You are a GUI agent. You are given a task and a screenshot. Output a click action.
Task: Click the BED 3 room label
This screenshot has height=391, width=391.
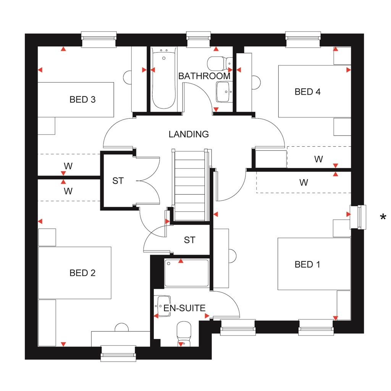(82, 100)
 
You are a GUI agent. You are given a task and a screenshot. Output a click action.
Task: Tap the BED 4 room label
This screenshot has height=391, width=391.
(307, 92)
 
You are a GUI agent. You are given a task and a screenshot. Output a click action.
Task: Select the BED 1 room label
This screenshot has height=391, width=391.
(307, 264)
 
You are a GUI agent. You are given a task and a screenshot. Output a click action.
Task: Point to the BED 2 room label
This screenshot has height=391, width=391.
(82, 273)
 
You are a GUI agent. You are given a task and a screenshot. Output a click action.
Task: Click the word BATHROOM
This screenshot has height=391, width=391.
(204, 76)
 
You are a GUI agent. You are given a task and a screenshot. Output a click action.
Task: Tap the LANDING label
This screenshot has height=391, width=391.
(189, 134)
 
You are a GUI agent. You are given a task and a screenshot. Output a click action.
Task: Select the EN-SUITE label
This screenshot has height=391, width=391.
(184, 308)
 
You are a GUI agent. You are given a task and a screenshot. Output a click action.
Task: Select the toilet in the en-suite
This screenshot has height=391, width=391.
(184, 333)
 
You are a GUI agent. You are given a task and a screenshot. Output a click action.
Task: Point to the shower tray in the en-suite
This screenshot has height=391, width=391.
(186, 273)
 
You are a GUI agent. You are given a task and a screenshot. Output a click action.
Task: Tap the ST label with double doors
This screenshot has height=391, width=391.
(118, 181)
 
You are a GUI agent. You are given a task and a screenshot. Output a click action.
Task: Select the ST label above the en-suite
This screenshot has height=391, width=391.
(189, 240)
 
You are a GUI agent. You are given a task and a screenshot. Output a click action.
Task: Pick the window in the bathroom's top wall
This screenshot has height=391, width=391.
(199, 37)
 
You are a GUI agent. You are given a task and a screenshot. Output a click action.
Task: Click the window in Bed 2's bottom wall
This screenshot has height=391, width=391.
(118, 353)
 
